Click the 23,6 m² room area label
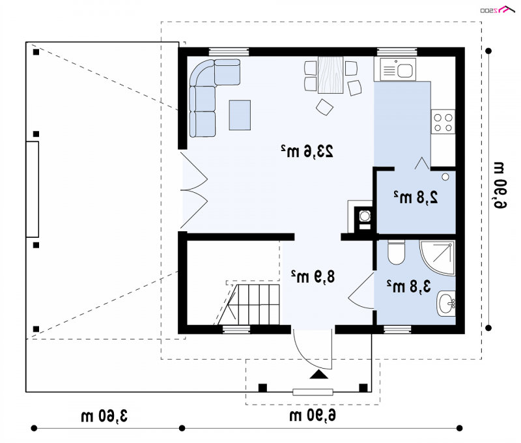(307, 151)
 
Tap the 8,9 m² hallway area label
(313, 276)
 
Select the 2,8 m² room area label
(415, 197)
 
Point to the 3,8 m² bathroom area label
(408, 286)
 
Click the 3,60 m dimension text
(104, 416)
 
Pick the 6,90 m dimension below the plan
(313, 415)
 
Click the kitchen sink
(398, 70)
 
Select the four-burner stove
(444, 122)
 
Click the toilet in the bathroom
(396, 252)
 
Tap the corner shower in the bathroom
(437, 258)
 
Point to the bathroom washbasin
(446, 304)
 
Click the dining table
(331, 75)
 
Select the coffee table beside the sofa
(240, 115)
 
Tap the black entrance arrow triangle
(319, 374)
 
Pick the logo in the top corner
(498, 10)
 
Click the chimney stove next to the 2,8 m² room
(365, 220)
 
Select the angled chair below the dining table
(324, 107)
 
